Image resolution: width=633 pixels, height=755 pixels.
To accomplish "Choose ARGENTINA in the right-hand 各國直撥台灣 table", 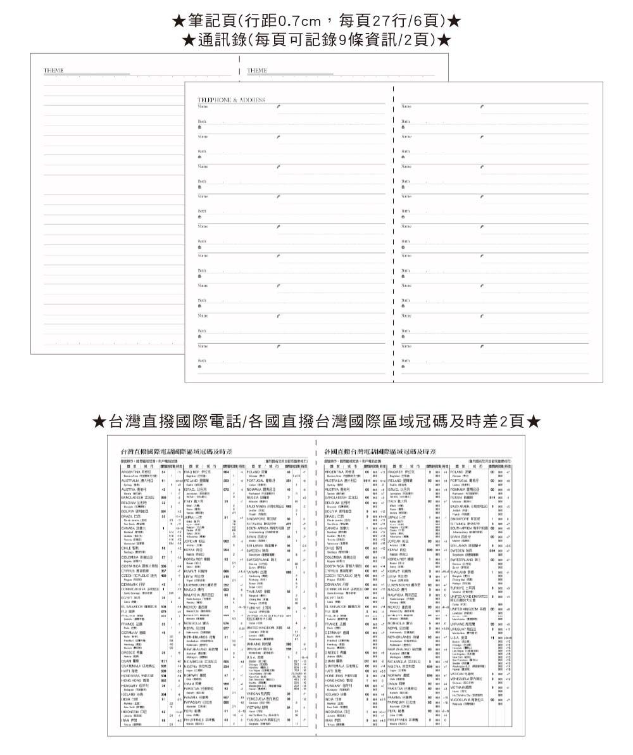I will click(334, 472).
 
